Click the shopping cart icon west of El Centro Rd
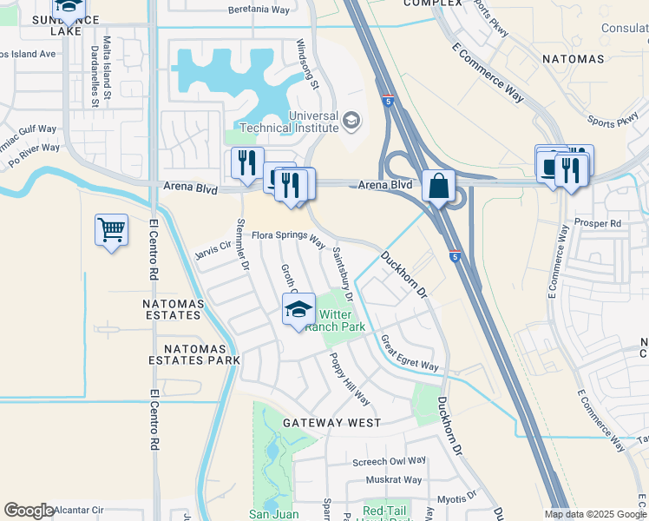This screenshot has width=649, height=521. pos(111,230)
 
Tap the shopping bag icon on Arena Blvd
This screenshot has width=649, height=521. pos(439,186)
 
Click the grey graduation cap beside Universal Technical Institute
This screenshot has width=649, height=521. pos(351,120)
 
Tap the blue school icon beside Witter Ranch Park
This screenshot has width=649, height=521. pos(298,309)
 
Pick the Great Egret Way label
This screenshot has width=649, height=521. pos(410,353)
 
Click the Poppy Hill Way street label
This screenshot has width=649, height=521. pos(349,379)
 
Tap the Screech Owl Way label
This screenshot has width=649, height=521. pos(390,461)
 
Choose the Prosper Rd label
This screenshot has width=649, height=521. pos(603,223)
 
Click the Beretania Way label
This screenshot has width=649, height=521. pos(259,10)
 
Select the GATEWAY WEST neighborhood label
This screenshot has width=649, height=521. pos(331,423)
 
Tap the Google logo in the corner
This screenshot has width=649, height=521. pos(29,511)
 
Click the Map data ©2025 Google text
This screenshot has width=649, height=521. pos(594,514)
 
